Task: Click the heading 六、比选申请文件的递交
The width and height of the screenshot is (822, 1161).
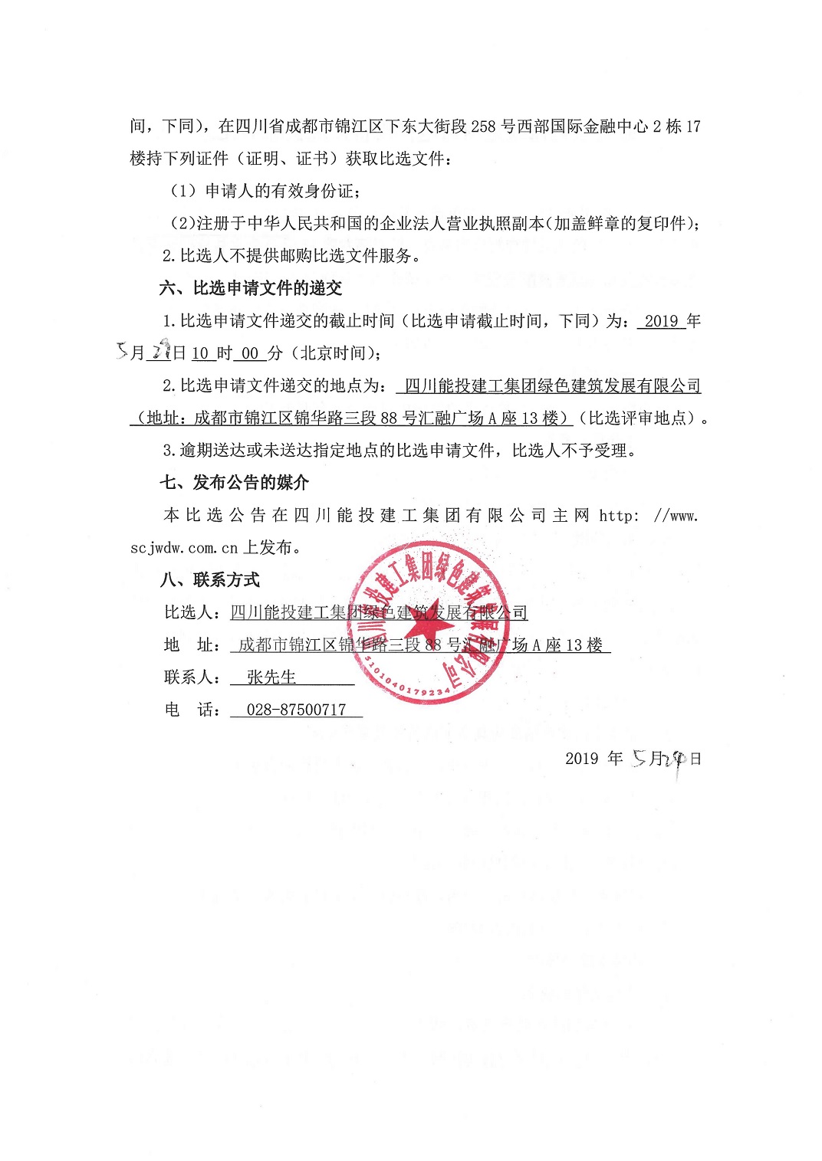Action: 251,288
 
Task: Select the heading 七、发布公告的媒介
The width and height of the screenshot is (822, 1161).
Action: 235,483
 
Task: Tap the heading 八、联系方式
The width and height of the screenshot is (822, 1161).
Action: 210,580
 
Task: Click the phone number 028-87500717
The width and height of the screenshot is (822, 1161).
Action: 296,710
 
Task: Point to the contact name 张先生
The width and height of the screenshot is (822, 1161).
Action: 271,677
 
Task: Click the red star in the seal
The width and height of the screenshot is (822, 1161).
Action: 427,621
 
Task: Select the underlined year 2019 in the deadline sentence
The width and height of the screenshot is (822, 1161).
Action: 661,321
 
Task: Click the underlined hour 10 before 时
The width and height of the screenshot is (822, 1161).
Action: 200,353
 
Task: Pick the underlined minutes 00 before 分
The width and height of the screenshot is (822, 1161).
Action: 250,353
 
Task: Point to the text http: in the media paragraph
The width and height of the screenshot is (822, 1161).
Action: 618,516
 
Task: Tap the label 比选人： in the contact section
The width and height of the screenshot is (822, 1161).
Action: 194,612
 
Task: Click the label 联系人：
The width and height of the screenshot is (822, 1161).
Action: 194,677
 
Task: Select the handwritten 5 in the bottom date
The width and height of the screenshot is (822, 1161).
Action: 640,759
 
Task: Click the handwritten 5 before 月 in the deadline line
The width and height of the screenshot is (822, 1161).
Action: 123,351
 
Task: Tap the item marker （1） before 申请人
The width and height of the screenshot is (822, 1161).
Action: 183,191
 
